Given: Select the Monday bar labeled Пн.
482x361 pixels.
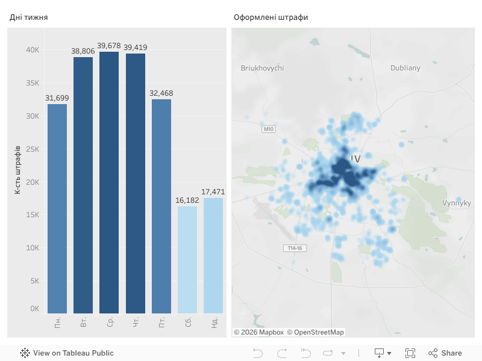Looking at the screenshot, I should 57,208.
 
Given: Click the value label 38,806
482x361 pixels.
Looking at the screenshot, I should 83,52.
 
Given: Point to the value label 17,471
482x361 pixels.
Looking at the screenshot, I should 213,192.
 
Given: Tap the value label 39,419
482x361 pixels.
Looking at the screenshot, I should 136,48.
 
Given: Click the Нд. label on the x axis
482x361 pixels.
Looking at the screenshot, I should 214,323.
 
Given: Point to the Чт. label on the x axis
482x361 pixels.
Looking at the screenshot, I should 136,323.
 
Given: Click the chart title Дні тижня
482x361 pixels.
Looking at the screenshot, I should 28,17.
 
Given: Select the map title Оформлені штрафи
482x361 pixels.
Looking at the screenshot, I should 271,17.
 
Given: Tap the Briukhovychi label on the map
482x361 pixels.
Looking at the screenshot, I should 262,68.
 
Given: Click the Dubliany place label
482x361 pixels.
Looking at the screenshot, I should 405,68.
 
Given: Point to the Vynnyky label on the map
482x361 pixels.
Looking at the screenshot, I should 456,203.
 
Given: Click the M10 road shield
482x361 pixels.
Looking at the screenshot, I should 269,129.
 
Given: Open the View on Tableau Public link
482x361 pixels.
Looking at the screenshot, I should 67,353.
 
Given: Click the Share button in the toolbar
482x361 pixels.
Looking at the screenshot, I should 445,353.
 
